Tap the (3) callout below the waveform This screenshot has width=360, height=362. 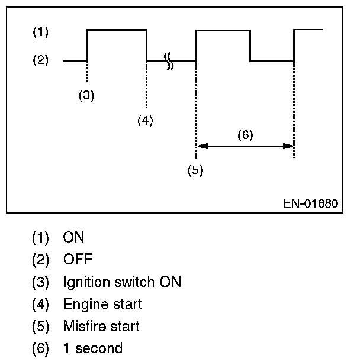pyautogui.click(x=86, y=95)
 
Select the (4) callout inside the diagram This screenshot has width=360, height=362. pyautogui.click(x=145, y=120)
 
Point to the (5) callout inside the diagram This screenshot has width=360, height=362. pyautogui.click(x=195, y=170)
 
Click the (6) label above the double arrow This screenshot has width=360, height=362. pyautogui.click(x=245, y=134)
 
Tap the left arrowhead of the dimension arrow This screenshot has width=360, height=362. pyautogui.click(x=201, y=146)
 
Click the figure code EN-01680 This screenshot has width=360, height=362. pyautogui.click(x=310, y=203)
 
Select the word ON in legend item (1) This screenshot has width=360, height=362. pyautogui.click(x=73, y=238)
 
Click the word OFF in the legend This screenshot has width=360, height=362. pyautogui.click(x=78, y=260)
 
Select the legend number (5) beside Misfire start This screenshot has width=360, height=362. pyautogui.click(x=40, y=326)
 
